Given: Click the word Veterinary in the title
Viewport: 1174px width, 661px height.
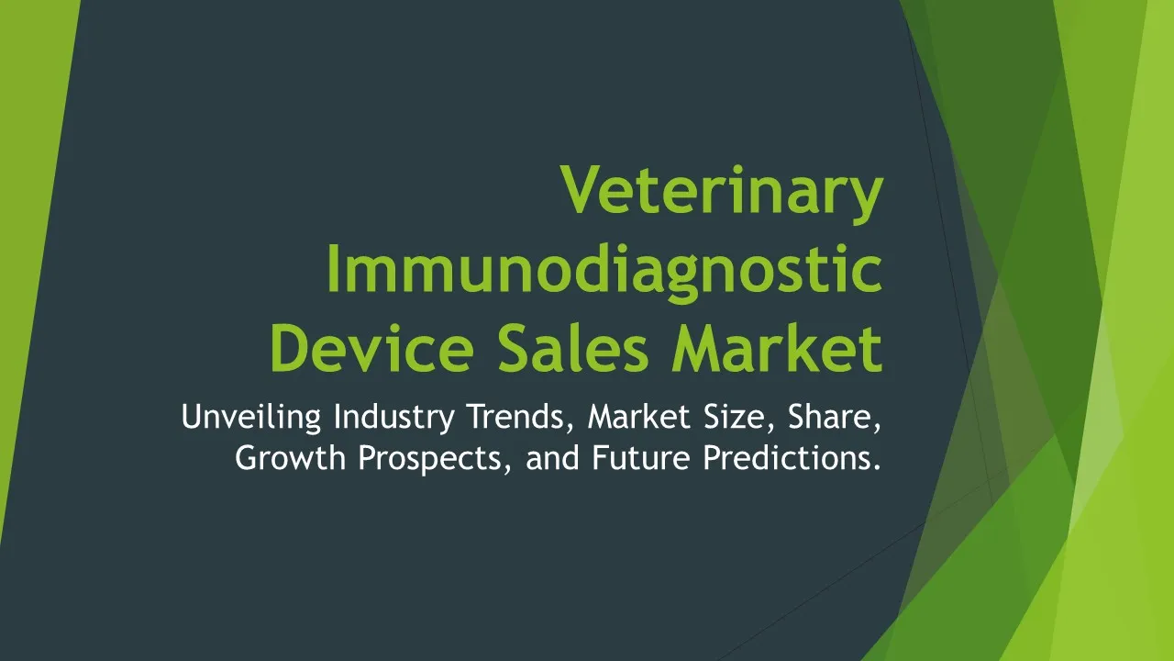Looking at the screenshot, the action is pyautogui.click(x=722, y=193).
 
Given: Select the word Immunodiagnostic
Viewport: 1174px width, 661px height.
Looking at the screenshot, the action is pyautogui.click(x=604, y=273).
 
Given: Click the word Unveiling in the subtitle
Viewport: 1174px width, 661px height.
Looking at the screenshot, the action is pyautogui.click(x=251, y=417).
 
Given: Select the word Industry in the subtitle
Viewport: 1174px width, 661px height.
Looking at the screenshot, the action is pyautogui.click(x=394, y=418).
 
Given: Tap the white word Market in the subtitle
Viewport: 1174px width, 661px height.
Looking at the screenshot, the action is pyautogui.click(x=639, y=417).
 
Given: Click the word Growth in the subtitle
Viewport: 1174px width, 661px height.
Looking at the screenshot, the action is pyautogui.click(x=291, y=457).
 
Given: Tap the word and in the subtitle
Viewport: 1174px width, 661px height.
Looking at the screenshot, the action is pyautogui.click(x=552, y=457).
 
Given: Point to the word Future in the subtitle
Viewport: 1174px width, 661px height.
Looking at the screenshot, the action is pyautogui.click(x=641, y=457).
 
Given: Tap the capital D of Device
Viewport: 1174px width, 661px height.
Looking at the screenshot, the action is pyautogui.click(x=290, y=347).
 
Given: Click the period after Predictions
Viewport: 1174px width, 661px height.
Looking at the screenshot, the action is pyautogui.click(x=877, y=467).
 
